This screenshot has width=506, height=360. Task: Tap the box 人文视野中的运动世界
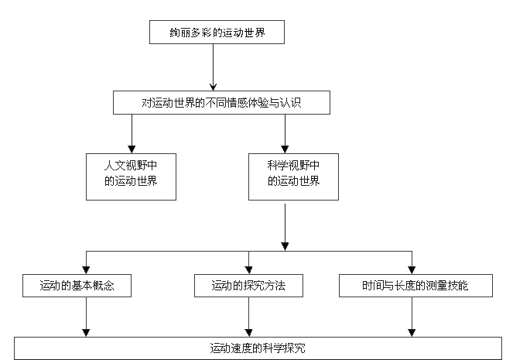click(131, 176)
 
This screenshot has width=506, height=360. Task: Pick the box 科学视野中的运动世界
click(293, 176)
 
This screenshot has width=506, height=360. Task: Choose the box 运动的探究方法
click(248, 286)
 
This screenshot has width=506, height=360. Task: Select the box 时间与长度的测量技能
click(415, 286)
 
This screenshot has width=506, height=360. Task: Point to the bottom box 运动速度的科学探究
click(252, 348)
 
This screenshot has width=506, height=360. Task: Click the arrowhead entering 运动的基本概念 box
click(86, 269)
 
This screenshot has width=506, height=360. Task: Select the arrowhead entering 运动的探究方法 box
click(248, 269)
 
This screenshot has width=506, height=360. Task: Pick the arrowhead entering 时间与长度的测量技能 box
click(412, 269)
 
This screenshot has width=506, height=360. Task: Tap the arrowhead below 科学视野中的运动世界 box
click(286, 245)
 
